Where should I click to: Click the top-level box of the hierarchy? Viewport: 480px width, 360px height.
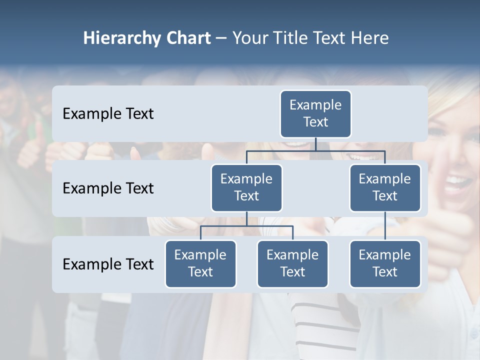point(315,113)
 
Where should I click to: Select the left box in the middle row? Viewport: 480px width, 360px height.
point(246,187)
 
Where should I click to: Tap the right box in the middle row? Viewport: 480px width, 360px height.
point(385,187)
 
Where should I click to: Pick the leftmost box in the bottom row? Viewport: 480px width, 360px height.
point(200,263)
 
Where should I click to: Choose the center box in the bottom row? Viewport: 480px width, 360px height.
point(292,263)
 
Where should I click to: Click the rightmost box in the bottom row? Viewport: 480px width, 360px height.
point(385,263)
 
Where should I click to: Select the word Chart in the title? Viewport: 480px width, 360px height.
point(187,38)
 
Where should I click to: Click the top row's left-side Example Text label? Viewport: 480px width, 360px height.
point(108,113)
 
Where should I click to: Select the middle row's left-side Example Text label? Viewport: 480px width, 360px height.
point(108,188)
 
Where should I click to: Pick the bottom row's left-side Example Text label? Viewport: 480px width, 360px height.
point(108,264)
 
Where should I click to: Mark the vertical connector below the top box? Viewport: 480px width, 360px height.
point(315,144)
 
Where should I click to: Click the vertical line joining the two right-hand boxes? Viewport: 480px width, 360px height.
point(385,226)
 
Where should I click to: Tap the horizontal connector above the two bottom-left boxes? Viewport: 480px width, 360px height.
point(246,226)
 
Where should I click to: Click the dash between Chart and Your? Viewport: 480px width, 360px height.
point(221,38)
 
